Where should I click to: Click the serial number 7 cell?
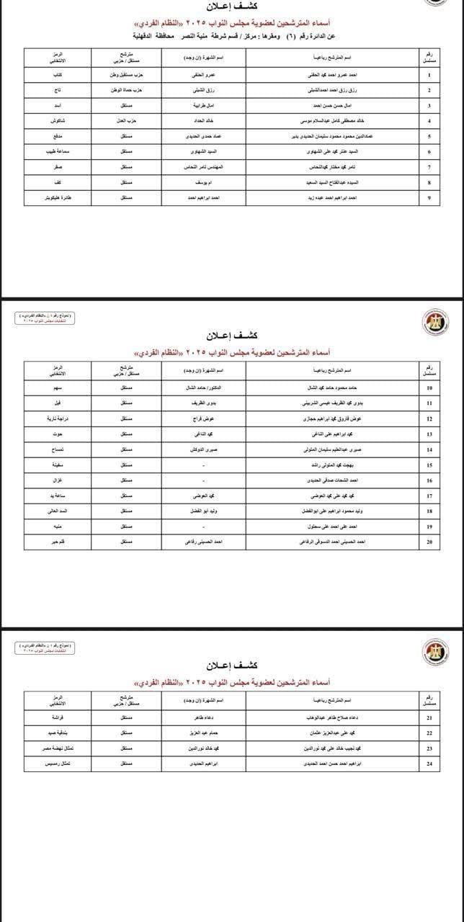[429, 167]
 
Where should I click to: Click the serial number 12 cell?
[429, 419]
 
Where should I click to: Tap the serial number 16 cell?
[429, 480]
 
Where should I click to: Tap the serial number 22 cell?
[429, 733]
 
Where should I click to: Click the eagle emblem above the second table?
[434, 321]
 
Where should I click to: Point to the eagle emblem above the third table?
[434, 653]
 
